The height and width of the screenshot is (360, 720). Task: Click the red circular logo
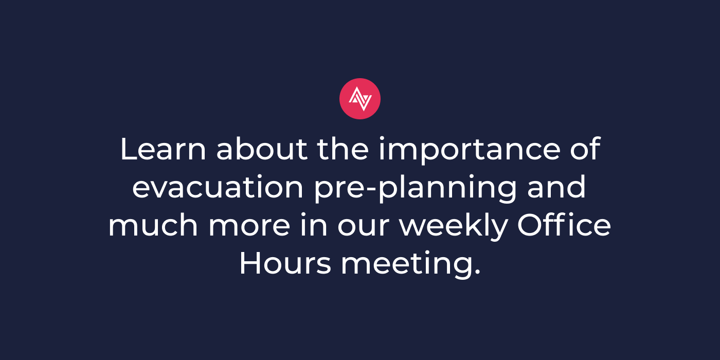click(360, 99)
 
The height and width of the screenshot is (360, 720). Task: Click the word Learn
click(163, 149)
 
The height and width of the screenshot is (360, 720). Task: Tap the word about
click(262, 149)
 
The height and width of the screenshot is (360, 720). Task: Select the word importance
click(470, 150)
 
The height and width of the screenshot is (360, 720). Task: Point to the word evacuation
click(218, 187)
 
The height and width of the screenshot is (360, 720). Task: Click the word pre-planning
click(416, 189)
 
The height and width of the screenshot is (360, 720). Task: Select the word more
click(250, 227)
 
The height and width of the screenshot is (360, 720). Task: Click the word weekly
click(453, 226)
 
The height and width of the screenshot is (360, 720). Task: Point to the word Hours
click(285, 263)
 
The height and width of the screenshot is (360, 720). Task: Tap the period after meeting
click(477, 273)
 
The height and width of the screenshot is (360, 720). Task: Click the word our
click(364, 227)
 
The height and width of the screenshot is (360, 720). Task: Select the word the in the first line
click(343, 149)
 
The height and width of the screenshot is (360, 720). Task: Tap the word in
click(314, 225)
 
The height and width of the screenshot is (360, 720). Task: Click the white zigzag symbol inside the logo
click(361, 99)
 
